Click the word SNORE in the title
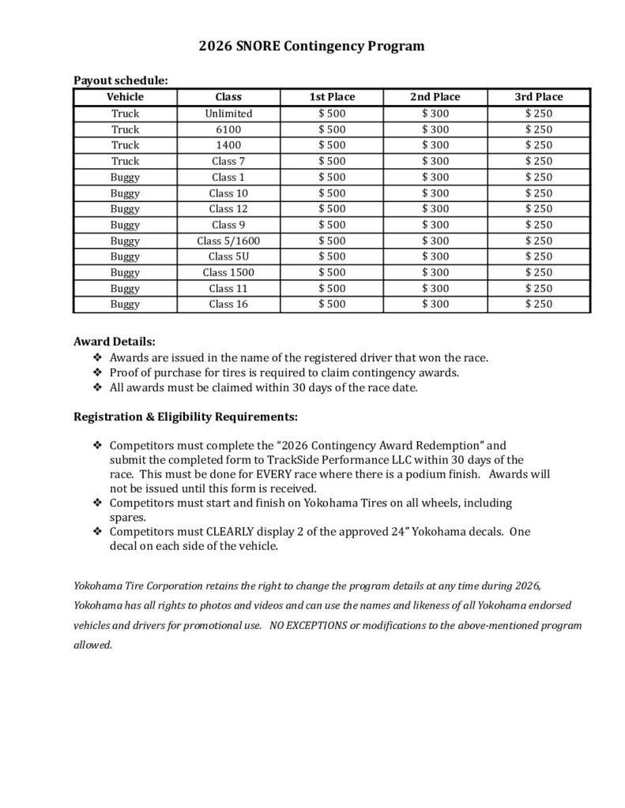tap(269, 47)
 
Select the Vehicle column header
tap(125, 97)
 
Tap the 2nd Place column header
tap(435, 97)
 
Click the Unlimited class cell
tap(228, 114)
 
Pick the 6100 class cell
tap(228, 129)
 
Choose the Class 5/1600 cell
tap(228, 241)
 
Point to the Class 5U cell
tap(228, 256)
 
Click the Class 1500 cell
tap(228, 272)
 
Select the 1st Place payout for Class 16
tap(332, 304)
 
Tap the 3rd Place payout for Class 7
tap(538, 161)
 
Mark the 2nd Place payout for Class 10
tap(435, 193)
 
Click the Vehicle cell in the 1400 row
tap(125, 145)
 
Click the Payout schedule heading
tap(120, 80)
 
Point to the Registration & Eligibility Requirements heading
tap(186, 416)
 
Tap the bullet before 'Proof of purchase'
tap(97, 373)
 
